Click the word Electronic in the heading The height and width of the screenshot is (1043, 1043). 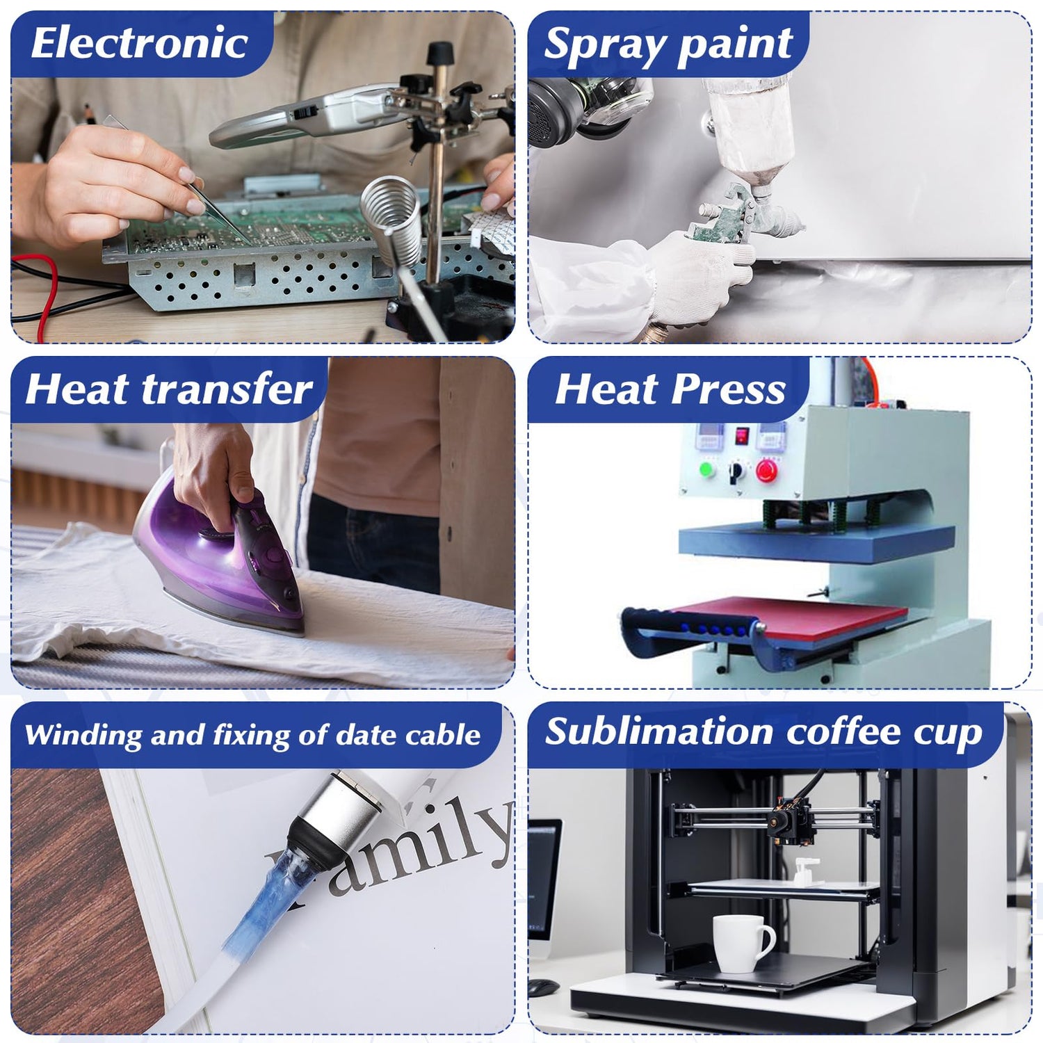tap(139, 43)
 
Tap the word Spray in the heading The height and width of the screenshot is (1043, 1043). tap(604, 45)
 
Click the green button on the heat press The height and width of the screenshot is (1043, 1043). tap(706, 469)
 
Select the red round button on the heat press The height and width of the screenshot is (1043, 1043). tap(766, 471)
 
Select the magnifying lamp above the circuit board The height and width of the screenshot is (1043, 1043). tap(306, 117)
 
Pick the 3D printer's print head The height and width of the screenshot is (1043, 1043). tap(789, 820)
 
